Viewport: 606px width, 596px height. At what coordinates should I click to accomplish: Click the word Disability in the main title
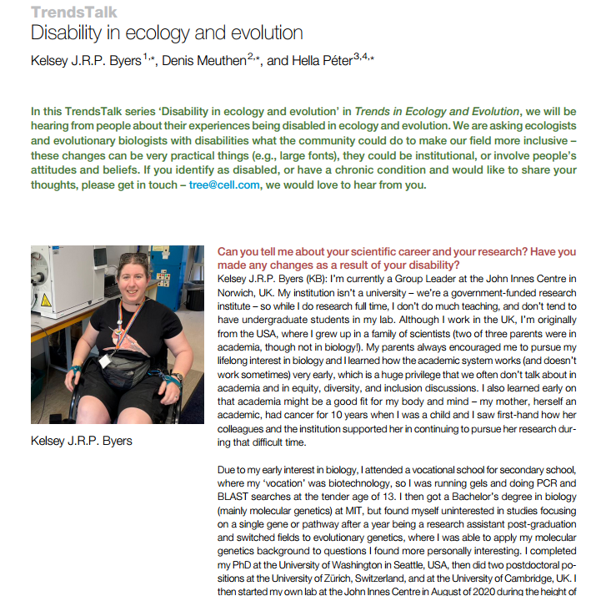pos(66,33)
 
